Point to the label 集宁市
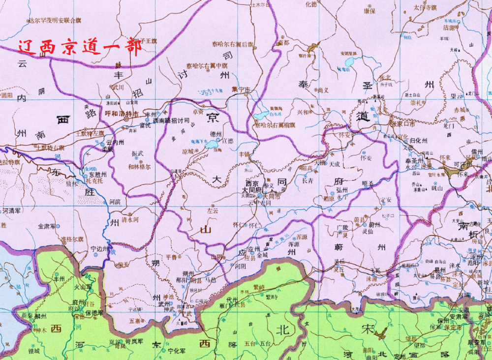click(241, 90)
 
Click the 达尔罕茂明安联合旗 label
click(54, 21)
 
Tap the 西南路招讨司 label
click(171, 120)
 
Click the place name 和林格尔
click(139, 166)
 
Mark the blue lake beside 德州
click(212, 145)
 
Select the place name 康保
click(369, 10)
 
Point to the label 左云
click(212, 210)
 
